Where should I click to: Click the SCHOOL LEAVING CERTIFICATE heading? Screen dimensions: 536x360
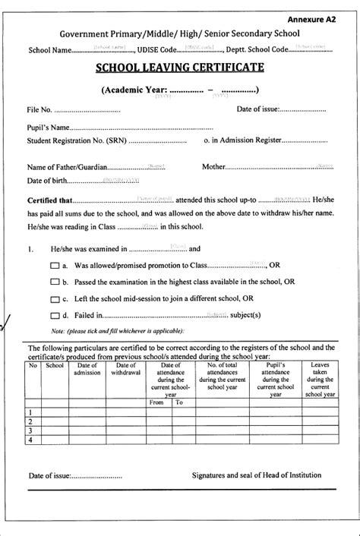tap(179, 68)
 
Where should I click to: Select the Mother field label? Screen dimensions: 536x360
tap(215, 166)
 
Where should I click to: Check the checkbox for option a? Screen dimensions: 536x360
tap(54, 266)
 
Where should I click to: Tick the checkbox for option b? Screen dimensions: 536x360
tap(54, 282)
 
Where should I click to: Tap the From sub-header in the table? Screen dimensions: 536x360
tap(156, 402)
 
